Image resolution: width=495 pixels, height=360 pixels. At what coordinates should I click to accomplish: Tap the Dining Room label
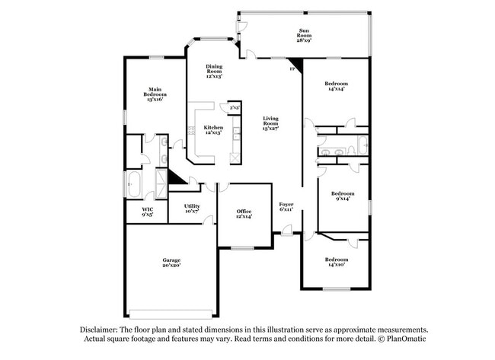click(214, 72)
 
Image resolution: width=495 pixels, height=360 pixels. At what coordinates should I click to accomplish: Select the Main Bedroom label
click(154, 94)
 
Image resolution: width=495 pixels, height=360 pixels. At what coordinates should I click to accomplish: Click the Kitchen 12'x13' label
click(212, 130)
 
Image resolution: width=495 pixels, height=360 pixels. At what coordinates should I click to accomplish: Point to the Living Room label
click(271, 124)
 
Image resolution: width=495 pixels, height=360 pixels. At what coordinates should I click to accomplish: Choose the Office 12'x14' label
click(244, 213)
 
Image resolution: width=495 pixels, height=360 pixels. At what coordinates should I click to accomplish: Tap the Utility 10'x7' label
click(192, 208)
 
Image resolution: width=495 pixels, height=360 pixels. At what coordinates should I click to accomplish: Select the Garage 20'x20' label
click(171, 263)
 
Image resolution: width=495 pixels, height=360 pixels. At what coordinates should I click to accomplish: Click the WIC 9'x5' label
click(147, 212)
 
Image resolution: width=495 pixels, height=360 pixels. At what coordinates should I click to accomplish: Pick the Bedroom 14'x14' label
click(336, 86)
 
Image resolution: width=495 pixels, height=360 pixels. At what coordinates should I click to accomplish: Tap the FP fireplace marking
click(292, 69)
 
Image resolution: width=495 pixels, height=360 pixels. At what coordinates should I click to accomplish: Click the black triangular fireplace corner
click(297, 65)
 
